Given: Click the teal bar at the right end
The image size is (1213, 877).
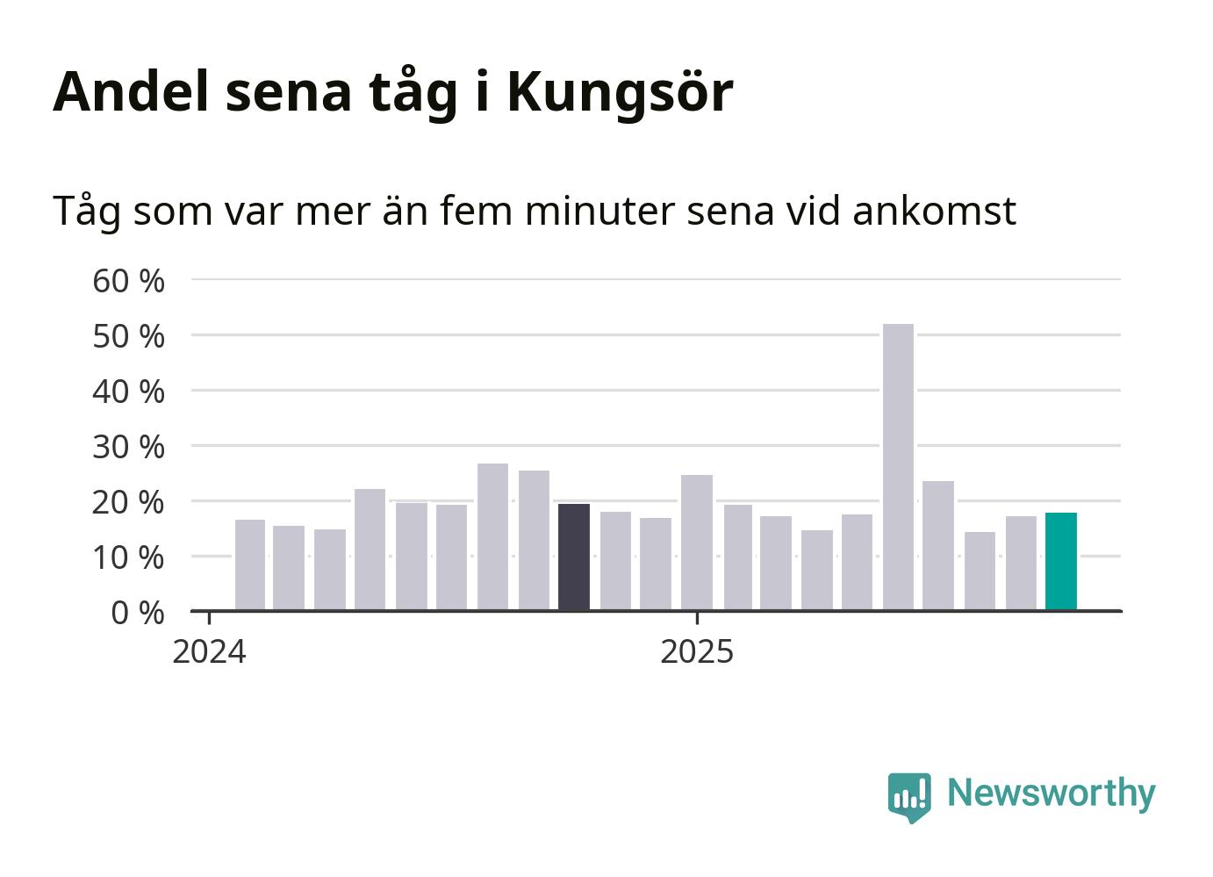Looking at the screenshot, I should (1060, 562).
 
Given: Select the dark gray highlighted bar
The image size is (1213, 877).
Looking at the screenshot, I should (574, 557).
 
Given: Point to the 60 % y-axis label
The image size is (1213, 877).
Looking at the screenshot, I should (128, 281).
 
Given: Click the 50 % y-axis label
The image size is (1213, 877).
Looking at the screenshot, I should (128, 336).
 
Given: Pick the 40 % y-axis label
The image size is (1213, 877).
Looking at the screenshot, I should (128, 392).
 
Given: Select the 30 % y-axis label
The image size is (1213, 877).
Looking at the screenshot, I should (128, 447).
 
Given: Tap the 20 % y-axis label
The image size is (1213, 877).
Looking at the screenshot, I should (128, 502).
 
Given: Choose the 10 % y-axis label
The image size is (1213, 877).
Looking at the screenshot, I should (128, 557).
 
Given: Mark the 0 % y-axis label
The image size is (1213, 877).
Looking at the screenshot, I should (138, 613).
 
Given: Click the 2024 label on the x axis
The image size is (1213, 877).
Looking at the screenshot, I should (209, 652).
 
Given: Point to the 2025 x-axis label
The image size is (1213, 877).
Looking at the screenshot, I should (697, 652).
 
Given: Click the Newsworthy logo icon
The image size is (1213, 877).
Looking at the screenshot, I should (908, 796).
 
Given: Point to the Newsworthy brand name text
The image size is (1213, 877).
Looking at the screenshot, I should (1051, 793).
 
